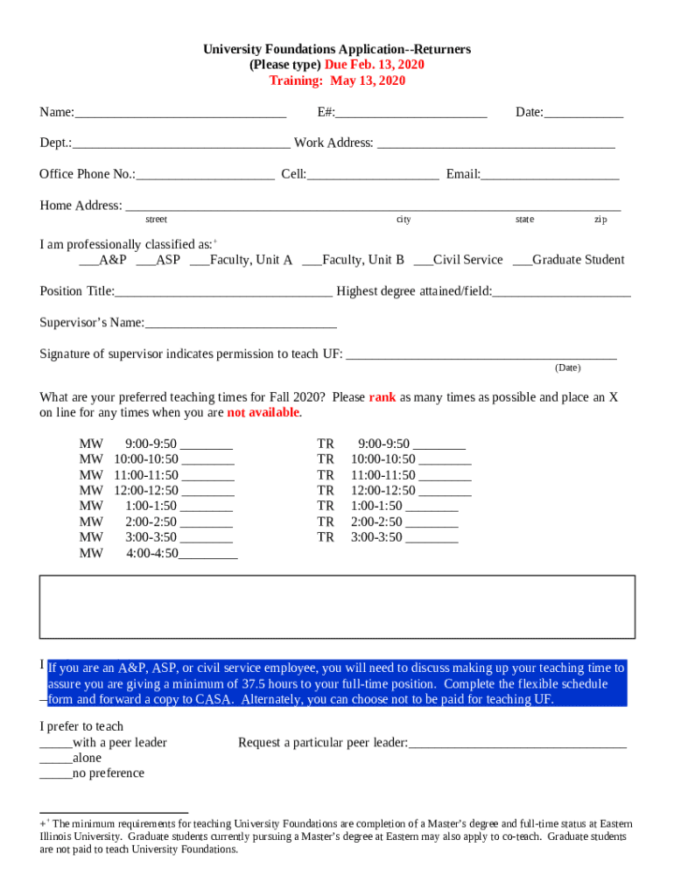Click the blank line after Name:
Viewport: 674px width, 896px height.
coord(180,113)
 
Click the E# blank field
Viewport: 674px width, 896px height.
coord(411,113)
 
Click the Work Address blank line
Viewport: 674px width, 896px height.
coord(495,143)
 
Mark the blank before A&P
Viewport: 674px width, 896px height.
coord(88,261)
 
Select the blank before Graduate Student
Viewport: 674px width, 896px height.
coord(522,261)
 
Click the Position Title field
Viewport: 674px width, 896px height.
coord(223,291)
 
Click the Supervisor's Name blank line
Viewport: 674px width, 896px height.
coord(241,324)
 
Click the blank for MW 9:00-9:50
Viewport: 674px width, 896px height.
coord(207,444)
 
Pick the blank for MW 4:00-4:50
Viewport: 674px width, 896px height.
coord(208,555)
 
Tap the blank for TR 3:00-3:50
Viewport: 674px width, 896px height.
coord(432,539)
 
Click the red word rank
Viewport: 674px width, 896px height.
coord(383,397)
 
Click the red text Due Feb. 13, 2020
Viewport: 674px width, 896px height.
coord(374,66)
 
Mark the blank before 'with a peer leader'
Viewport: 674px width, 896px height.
coord(56,744)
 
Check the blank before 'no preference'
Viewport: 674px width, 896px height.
coord(56,774)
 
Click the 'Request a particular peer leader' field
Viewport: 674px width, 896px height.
coord(517,744)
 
